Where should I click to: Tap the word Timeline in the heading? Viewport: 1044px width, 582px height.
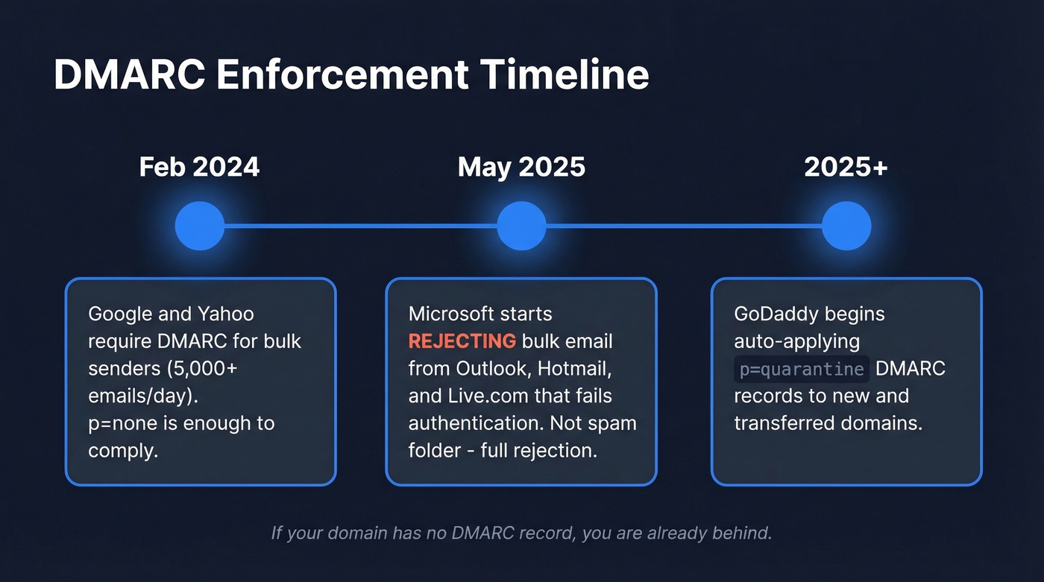tap(564, 75)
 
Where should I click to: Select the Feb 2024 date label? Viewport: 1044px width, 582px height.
tap(199, 167)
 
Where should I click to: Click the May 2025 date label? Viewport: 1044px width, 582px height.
tap(521, 167)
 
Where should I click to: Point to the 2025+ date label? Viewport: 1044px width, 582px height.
tap(846, 167)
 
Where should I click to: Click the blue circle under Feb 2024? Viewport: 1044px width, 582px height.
tap(199, 226)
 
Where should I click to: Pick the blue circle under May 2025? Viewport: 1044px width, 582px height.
tap(521, 226)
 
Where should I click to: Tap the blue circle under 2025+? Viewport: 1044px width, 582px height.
tap(846, 226)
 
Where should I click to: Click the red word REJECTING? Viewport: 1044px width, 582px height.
tap(462, 341)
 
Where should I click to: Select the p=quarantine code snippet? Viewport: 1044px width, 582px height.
tap(802, 369)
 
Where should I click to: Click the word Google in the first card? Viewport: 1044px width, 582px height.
tap(119, 314)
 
